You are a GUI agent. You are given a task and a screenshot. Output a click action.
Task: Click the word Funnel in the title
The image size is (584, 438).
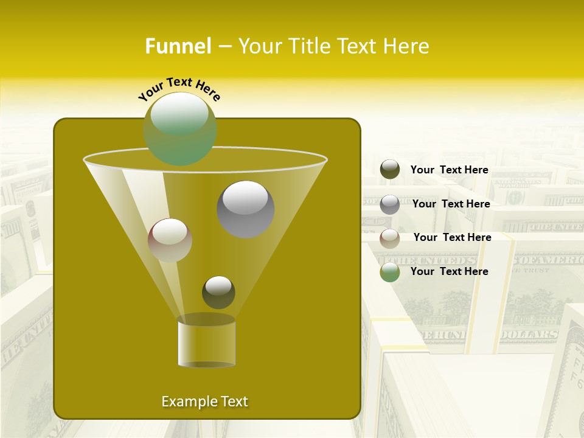[x=178, y=46]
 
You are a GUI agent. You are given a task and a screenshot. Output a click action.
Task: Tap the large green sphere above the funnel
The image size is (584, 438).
[x=180, y=128]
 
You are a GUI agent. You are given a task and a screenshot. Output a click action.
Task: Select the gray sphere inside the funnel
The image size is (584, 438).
[x=246, y=209]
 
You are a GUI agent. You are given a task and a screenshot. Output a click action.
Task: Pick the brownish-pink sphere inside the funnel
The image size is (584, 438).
[x=170, y=240]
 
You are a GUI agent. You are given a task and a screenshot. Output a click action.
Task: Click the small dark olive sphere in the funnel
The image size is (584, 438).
[x=218, y=292]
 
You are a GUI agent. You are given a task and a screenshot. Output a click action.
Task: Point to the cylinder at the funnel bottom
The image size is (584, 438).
[x=207, y=342]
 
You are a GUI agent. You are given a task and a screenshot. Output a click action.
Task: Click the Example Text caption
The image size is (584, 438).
[x=205, y=401]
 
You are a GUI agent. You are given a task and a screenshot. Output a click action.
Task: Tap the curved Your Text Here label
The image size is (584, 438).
[x=179, y=88]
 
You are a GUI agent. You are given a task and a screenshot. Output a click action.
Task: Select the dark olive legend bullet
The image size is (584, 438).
[x=390, y=170]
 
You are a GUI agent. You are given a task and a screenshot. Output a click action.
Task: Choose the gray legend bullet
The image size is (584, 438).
[x=390, y=204]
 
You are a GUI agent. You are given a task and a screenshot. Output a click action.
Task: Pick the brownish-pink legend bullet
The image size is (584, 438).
[x=390, y=238]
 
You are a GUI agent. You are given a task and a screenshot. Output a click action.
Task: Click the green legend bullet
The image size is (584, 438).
[x=390, y=272]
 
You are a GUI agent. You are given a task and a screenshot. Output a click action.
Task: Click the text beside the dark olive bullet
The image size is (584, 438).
[x=450, y=170]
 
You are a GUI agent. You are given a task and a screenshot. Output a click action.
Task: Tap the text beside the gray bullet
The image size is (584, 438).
[x=451, y=204]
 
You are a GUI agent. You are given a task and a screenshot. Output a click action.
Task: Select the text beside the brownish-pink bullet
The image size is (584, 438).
[x=453, y=238]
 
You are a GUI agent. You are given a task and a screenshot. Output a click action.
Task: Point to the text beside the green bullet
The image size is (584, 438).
[x=450, y=272]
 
